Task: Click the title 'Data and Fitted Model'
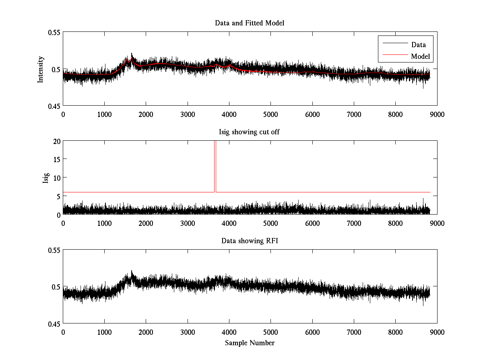(x=250, y=23)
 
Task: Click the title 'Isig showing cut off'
(x=250, y=132)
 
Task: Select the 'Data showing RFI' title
(x=250, y=241)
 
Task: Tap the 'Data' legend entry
(x=418, y=45)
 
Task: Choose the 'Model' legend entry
(x=421, y=56)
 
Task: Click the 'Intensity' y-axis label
(x=40, y=69)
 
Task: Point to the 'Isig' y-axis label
(x=45, y=177)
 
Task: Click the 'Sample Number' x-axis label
(x=250, y=343)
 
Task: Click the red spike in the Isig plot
(x=215, y=165)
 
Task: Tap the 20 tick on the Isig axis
(x=56, y=141)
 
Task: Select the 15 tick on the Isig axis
(x=56, y=159)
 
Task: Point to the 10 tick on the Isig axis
(x=56, y=177)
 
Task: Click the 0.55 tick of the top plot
(x=54, y=32)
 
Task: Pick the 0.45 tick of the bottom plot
(x=54, y=323)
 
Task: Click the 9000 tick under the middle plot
(x=437, y=223)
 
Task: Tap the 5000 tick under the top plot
(x=270, y=114)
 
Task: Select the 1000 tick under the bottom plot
(x=105, y=332)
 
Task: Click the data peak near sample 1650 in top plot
(x=132, y=54)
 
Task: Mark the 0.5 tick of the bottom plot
(x=56, y=287)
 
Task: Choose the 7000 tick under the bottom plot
(x=354, y=332)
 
